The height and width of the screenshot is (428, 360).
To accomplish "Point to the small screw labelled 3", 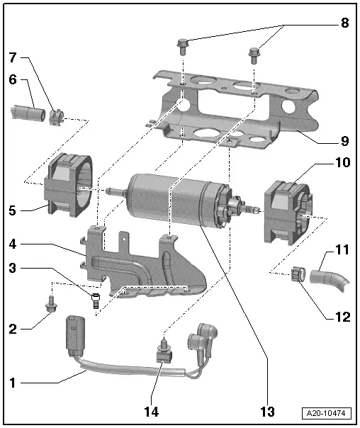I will tap(96, 299).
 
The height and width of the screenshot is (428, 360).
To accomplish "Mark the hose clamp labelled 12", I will tap(298, 271).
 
